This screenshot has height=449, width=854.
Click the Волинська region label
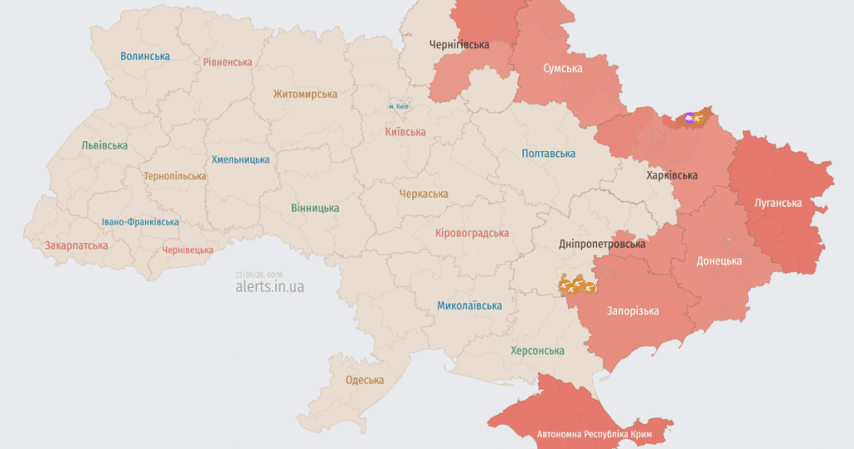click(145, 57)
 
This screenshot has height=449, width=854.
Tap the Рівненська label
click(228, 63)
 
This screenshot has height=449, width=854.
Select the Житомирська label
click(305, 95)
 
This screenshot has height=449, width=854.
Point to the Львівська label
click(105, 145)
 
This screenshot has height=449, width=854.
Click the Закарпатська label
click(77, 246)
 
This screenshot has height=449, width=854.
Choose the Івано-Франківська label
click(140, 222)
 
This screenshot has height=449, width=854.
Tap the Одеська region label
click(364, 381)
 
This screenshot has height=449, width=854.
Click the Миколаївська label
click(470, 305)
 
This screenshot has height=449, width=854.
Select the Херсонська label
click(537, 351)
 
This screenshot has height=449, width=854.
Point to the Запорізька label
click(633, 311)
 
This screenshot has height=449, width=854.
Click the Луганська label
click(778, 203)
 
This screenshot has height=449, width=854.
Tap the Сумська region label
click(563, 68)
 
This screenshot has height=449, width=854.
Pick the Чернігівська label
click(460, 44)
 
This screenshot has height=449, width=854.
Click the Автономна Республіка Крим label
click(593, 435)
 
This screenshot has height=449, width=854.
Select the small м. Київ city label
click(398, 107)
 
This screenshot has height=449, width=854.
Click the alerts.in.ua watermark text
click(269, 287)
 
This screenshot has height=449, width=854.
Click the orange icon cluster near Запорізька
click(577, 286)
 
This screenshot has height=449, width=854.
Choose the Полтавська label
click(548, 154)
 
